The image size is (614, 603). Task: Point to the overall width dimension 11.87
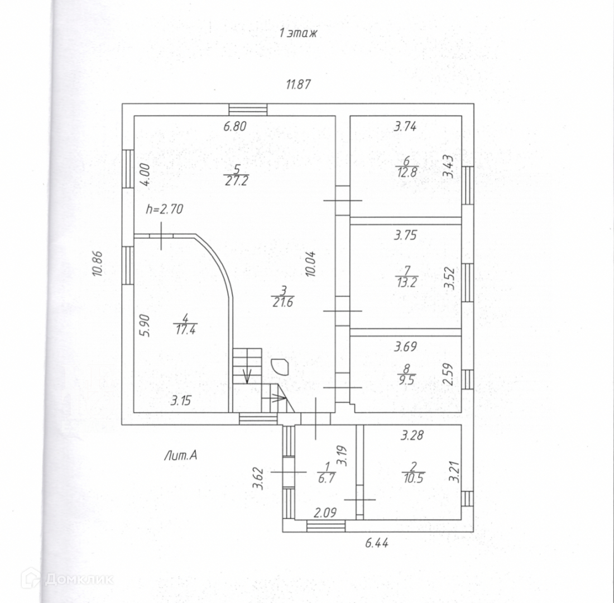(298, 85)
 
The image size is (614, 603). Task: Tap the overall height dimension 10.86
(98, 264)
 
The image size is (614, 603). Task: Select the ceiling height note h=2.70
(164, 210)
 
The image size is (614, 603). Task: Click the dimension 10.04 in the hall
(311, 264)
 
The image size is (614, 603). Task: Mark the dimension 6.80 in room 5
(235, 127)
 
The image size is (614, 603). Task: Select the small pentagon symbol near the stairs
(278, 366)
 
